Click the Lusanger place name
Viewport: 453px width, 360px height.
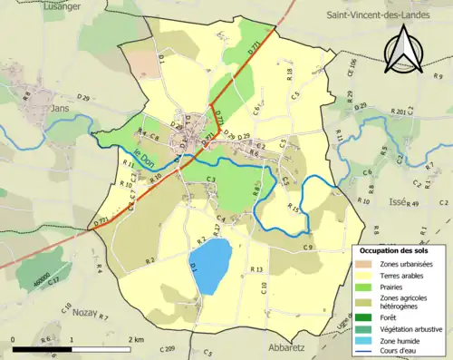[35, 7]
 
